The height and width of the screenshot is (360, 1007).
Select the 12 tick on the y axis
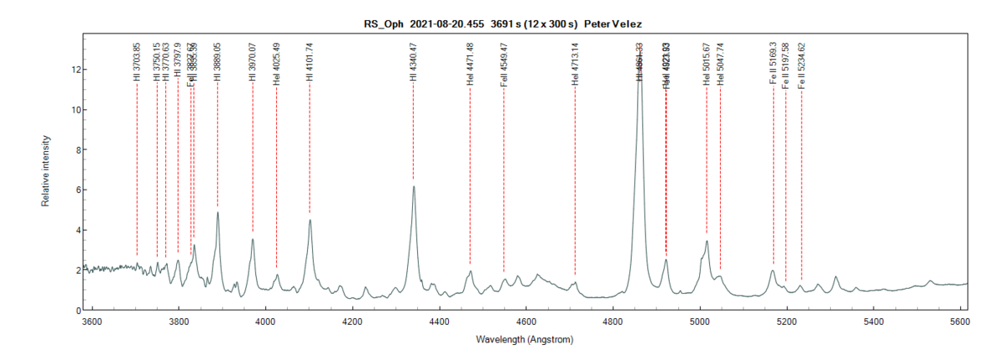click(74, 70)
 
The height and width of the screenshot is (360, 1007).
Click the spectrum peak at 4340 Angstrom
click(414, 186)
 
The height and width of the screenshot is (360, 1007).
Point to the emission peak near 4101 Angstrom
click(310, 220)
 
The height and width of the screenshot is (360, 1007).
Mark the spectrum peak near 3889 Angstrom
click(217, 212)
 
